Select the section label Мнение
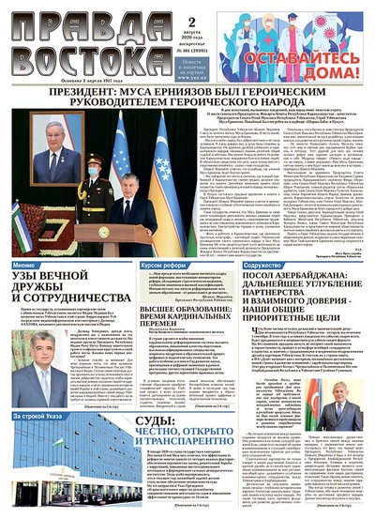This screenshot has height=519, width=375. (x=26, y=266)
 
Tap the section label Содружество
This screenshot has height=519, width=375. (x=265, y=266)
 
